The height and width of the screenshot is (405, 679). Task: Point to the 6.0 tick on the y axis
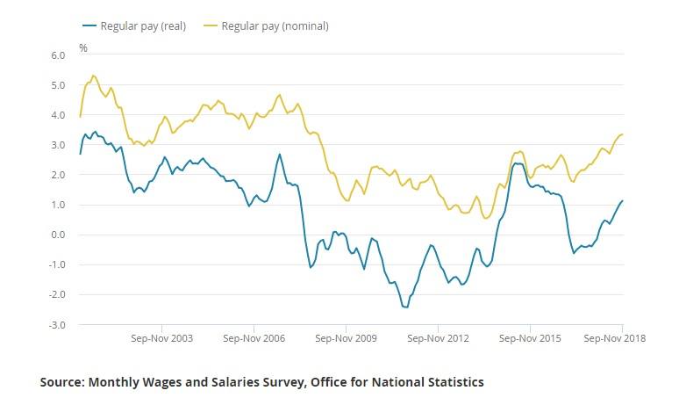click(59, 55)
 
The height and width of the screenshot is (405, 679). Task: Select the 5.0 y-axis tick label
click(59, 85)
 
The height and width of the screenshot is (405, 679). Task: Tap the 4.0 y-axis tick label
click(59, 115)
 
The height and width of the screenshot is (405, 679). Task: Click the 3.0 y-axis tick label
click(59, 145)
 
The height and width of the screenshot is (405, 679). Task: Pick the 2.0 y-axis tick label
click(59, 175)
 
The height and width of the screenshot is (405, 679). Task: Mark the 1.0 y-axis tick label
click(59, 205)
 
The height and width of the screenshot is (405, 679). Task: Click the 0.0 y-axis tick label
click(59, 235)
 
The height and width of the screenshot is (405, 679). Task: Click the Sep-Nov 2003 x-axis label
click(161, 337)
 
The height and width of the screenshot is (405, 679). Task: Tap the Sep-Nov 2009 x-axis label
click(345, 337)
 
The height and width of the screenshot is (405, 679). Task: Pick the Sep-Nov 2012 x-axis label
click(437, 337)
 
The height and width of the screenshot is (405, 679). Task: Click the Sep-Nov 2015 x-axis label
click(529, 337)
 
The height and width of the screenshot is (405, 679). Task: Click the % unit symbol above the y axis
click(83, 47)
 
